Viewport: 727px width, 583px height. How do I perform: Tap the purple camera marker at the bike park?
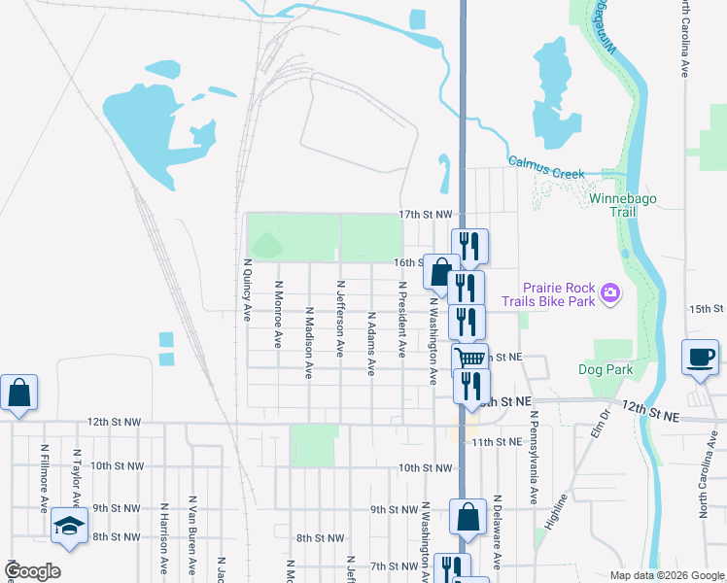610,292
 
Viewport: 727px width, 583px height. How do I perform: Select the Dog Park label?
605,369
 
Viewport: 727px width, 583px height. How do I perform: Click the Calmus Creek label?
546,167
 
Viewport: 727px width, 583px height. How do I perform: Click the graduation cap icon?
70,525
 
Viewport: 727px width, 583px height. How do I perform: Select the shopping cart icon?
470,359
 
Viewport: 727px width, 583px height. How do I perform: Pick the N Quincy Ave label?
247,290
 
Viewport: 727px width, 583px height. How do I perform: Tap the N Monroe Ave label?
278,315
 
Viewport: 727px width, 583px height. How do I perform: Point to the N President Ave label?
401,319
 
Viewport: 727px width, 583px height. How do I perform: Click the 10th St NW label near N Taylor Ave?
117,466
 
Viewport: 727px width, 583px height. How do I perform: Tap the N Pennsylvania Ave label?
534,457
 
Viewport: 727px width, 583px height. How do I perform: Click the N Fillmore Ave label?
45,478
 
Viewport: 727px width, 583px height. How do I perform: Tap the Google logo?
32,571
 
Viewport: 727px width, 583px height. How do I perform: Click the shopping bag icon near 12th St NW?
18,394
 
